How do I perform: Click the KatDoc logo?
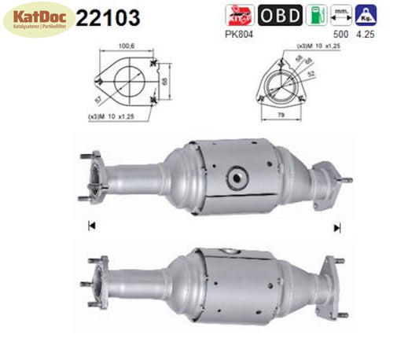[x=39, y=20]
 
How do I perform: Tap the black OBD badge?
[x=280, y=15]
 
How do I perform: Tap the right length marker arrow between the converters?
[x=337, y=227]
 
